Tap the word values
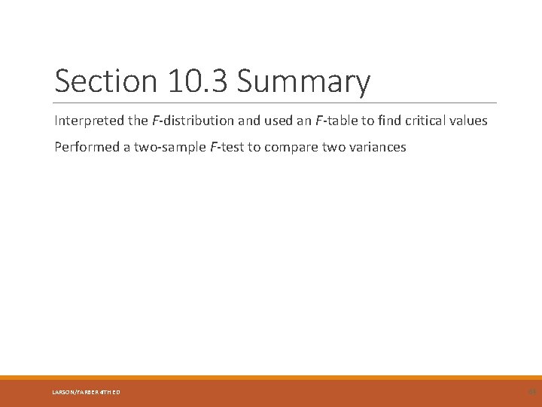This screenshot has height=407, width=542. (x=469, y=121)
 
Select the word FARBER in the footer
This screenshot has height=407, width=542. (x=89, y=391)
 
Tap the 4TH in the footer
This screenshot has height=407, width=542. (x=106, y=391)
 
